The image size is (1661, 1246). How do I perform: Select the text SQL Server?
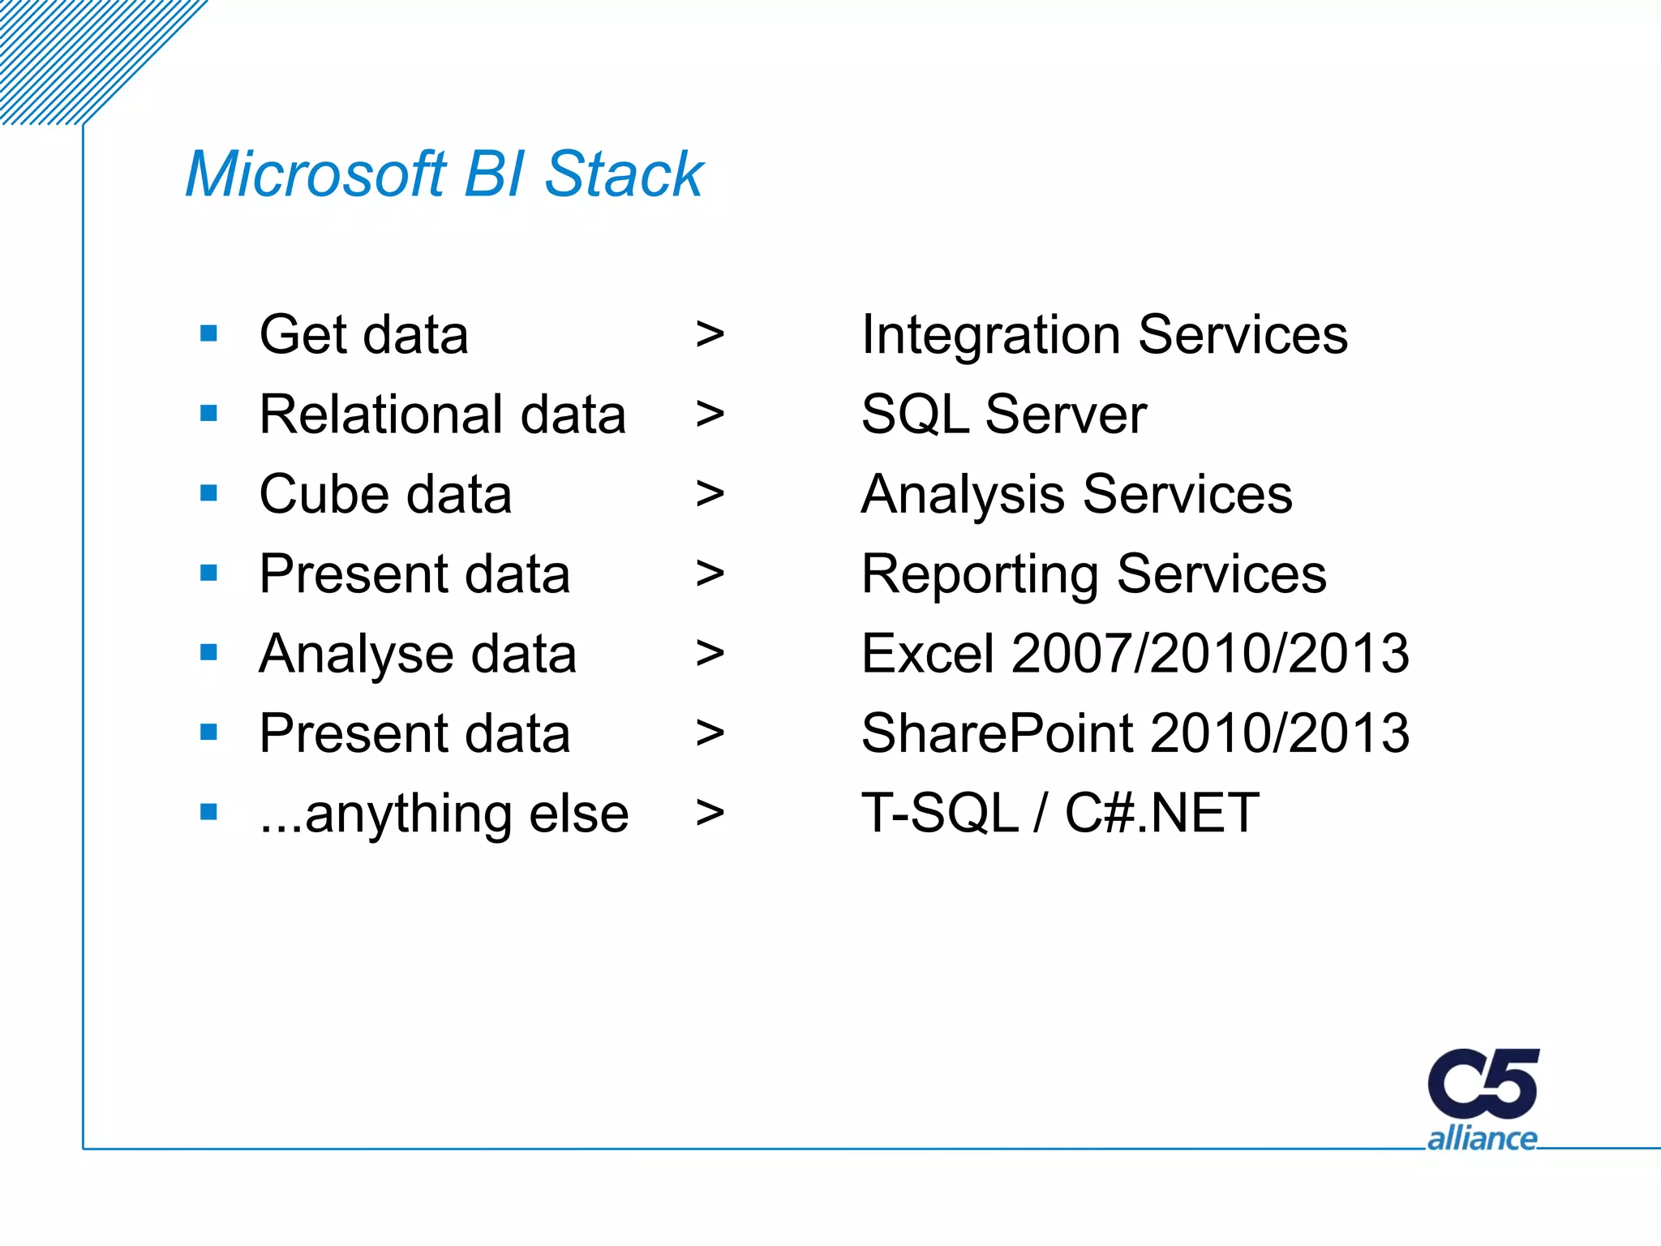pos(1003,415)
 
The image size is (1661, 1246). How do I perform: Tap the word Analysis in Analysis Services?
pos(963,495)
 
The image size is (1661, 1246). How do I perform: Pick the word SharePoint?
pos(997,733)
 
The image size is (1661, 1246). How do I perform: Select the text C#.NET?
pos(1161,813)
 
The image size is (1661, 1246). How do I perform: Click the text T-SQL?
pos(939,813)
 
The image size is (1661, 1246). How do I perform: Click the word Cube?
pos(323,495)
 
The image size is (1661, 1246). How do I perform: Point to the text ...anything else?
pos(444,814)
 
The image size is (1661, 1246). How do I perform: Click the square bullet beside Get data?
pos(208,333)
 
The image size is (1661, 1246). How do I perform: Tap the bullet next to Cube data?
pos(208,493)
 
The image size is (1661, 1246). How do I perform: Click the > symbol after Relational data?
pos(710,415)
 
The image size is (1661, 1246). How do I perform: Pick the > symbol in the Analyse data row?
pos(710,654)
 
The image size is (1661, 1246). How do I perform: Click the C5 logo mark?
pos(1483,1085)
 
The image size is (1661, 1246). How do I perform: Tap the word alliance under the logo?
pos(1482,1139)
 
